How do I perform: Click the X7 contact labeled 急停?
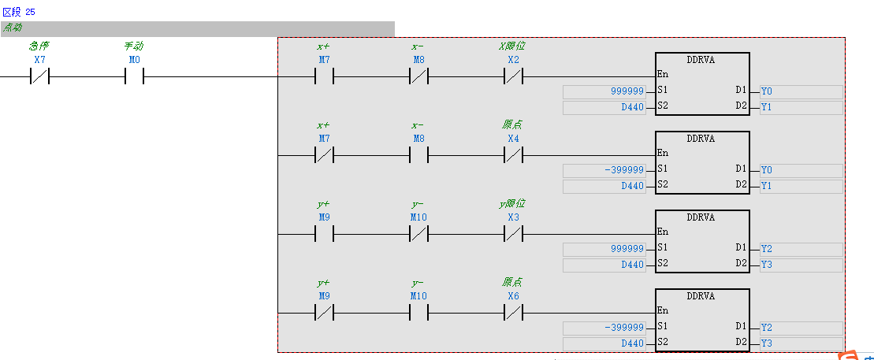coord(39,76)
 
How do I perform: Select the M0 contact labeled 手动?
coord(134,76)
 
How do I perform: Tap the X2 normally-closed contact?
coord(513,76)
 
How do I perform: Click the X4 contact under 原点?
coord(513,155)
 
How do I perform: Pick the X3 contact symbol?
coord(513,234)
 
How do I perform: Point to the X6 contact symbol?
coord(513,313)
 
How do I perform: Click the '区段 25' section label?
coord(19,13)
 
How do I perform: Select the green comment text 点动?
coord(13,28)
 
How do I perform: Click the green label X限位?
coord(512,46)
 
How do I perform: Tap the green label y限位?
coord(512,204)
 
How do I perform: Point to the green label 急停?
coord(39,46)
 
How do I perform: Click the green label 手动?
coord(134,46)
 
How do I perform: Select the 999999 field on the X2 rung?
coord(604,91)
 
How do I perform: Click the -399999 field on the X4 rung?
coord(604,170)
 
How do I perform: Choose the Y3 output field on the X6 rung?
coord(801,343)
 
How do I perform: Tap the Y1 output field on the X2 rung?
coord(801,106)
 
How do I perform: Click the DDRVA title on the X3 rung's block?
coord(701,217)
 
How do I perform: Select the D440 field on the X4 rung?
coord(604,186)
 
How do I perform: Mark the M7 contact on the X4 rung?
coord(324,155)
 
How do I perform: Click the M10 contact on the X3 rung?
coord(418,234)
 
